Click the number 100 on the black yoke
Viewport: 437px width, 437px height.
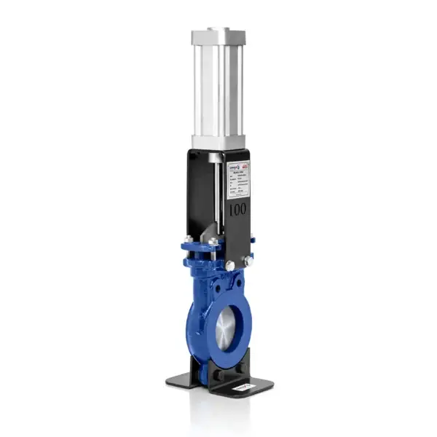[x=237, y=209]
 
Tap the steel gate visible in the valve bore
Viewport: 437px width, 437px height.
[x=226, y=328]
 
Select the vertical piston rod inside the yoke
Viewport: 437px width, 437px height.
[x=216, y=189]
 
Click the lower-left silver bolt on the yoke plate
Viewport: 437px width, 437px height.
[x=230, y=267]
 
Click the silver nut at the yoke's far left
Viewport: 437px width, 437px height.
[x=188, y=238]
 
